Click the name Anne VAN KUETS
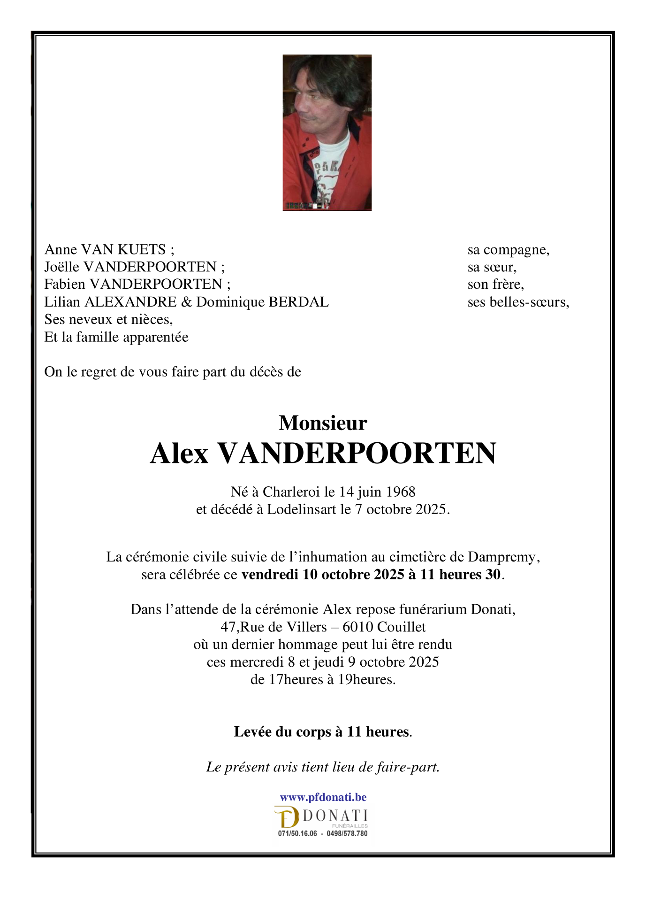click(x=105, y=249)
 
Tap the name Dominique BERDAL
click(x=262, y=302)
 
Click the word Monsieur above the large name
click(x=323, y=423)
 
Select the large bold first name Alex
click(x=179, y=454)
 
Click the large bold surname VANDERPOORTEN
click(x=357, y=454)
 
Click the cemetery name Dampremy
click(x=502, y=557)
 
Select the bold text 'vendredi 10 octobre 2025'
click(x=323, y=575)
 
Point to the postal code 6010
click(x=357, y=627)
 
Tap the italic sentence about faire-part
click(x=323, y=767)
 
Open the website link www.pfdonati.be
click(x=323, y=797)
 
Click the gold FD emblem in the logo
click(x=287, y=818)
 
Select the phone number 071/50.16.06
click(x=297, y=834)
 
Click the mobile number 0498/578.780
click(x=347, y=834)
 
